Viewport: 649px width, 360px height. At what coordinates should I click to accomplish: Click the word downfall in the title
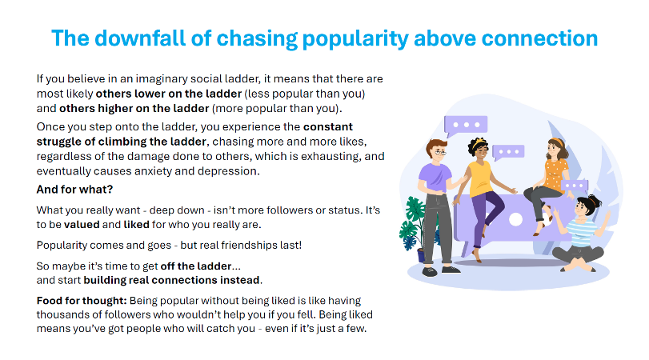[x=140, y=38]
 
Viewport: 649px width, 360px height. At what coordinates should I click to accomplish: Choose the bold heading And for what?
[x=74, y=189]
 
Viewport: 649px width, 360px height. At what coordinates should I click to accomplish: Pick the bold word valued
[x=82, y=224]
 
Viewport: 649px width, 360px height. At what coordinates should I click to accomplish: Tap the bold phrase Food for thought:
[x=82, y=301]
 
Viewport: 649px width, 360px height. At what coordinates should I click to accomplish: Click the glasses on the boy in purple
[x=440, y=153]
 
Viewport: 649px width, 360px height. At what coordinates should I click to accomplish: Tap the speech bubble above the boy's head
[x=465, y=125]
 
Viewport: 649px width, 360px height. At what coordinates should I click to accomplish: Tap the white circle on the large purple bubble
[x=515, y=219]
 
